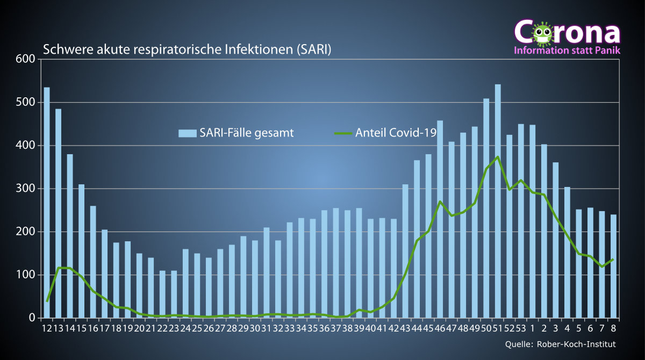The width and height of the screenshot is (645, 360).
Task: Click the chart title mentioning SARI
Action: (x=187, y=50)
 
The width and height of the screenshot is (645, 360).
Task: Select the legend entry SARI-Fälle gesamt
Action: (x=236, y=133)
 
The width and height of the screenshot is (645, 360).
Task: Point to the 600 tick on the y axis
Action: (x=26, y=59)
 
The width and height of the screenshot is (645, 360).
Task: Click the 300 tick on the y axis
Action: (x=26, y=189)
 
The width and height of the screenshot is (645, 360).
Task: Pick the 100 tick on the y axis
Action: (x=26, y=275)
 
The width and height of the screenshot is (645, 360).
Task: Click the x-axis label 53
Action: (x=520, y=328)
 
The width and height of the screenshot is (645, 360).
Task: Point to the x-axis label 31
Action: (x=266, y=328)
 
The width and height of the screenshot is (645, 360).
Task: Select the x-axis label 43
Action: (x=405, y=328)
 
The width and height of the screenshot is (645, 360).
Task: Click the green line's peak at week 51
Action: (x=498, y=157)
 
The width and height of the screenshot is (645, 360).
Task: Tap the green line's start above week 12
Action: (x=47, y=301)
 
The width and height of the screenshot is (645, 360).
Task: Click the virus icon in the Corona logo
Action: (x=542, y=33)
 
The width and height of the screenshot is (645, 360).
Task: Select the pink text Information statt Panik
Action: (x=567, y=51)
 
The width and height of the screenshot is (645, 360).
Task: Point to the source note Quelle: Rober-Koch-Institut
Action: (x=561, y=344)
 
